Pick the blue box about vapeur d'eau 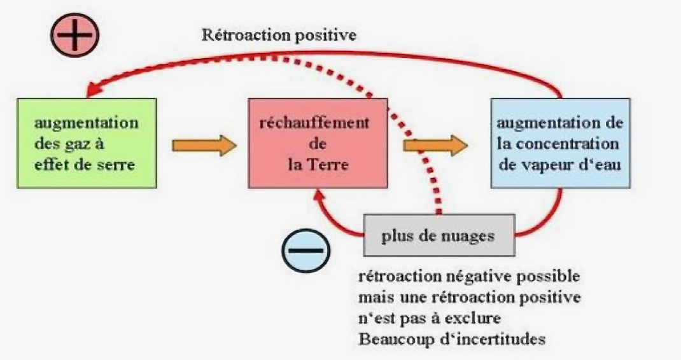coord(560,142)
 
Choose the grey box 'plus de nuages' coord(438,237)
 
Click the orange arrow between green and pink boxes coord(204,145)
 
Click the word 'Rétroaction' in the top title coord(241,35)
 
